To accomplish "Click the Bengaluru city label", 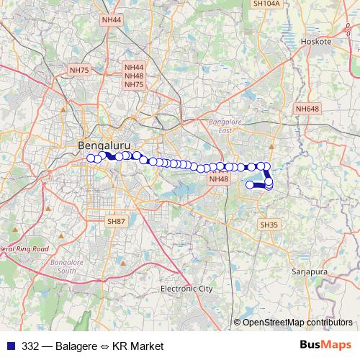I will coord(103,145).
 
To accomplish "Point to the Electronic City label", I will coord(186,289).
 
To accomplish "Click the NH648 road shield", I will coord(307,109).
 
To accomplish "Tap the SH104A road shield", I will coord(266,4).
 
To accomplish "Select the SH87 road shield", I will coord(116,222).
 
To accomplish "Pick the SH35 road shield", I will coord(268,225).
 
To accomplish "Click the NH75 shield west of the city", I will coord(78,70).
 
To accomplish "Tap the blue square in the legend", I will coord(8,346).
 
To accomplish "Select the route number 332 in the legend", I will coord(30,346).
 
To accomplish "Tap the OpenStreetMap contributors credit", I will coord(297,323).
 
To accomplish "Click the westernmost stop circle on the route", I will coord(91,158).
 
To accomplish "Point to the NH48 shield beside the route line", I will coord(217,179).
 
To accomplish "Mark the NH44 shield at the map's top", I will coord(112,21).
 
